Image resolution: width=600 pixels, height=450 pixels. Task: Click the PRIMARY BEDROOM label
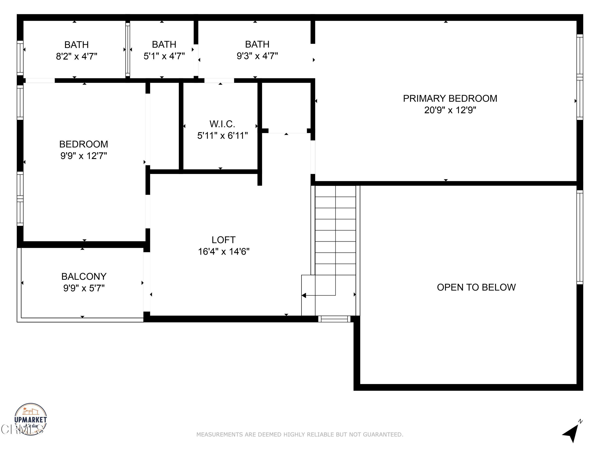coord(450,98)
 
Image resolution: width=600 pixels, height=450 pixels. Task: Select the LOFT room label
coord(223,240)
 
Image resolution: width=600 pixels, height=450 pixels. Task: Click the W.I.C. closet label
coord(222,124)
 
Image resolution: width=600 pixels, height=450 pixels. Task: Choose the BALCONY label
coord(84,276)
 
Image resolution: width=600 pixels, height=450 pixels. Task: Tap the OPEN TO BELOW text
coord(476,287)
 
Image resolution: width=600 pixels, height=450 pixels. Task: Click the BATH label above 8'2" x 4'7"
coord(76,44)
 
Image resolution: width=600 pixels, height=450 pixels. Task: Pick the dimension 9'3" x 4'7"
coord(257,56)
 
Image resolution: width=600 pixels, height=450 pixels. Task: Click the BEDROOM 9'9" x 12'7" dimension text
coord(84,156)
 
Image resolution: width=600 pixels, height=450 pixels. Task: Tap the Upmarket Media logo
coord(30,419)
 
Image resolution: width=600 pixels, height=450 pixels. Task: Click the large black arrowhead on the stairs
coord(304,295)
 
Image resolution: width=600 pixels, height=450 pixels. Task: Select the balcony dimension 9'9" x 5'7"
coord(84,288)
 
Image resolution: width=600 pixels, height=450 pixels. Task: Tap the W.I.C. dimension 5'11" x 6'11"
coord(222,136)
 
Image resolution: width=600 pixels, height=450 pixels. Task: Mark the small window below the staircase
coord(334,319)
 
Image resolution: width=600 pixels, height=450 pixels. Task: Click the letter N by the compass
coord(580,421)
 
